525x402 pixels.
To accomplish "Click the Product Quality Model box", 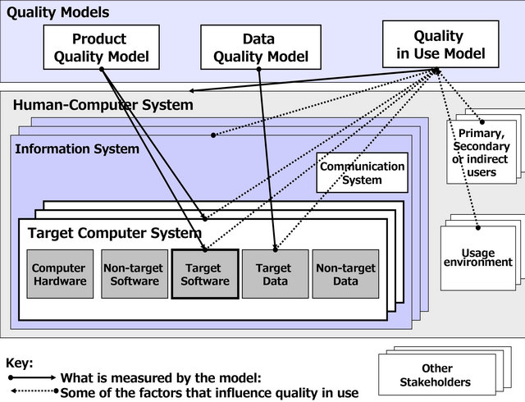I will (99, 48).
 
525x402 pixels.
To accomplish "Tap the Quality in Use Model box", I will (440, 45).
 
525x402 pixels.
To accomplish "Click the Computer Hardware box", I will (58, 275).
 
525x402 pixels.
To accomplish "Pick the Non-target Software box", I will (131, 275).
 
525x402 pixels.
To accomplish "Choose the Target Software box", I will (204, 275).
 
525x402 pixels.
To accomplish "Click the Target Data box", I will (274, 275).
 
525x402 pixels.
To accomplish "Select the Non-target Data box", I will (345, 275).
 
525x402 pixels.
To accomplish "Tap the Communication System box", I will (362, 172).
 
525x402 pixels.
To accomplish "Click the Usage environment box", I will (477, 258).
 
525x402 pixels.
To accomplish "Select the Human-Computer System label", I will (103, 105).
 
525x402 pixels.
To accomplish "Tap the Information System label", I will (77, 148).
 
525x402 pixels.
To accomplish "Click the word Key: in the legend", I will (20, 363).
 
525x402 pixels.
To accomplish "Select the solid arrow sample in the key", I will (31, 377).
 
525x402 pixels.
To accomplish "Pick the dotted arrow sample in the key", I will (31, 391).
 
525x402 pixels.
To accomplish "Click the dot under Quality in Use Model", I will (436, 71).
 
